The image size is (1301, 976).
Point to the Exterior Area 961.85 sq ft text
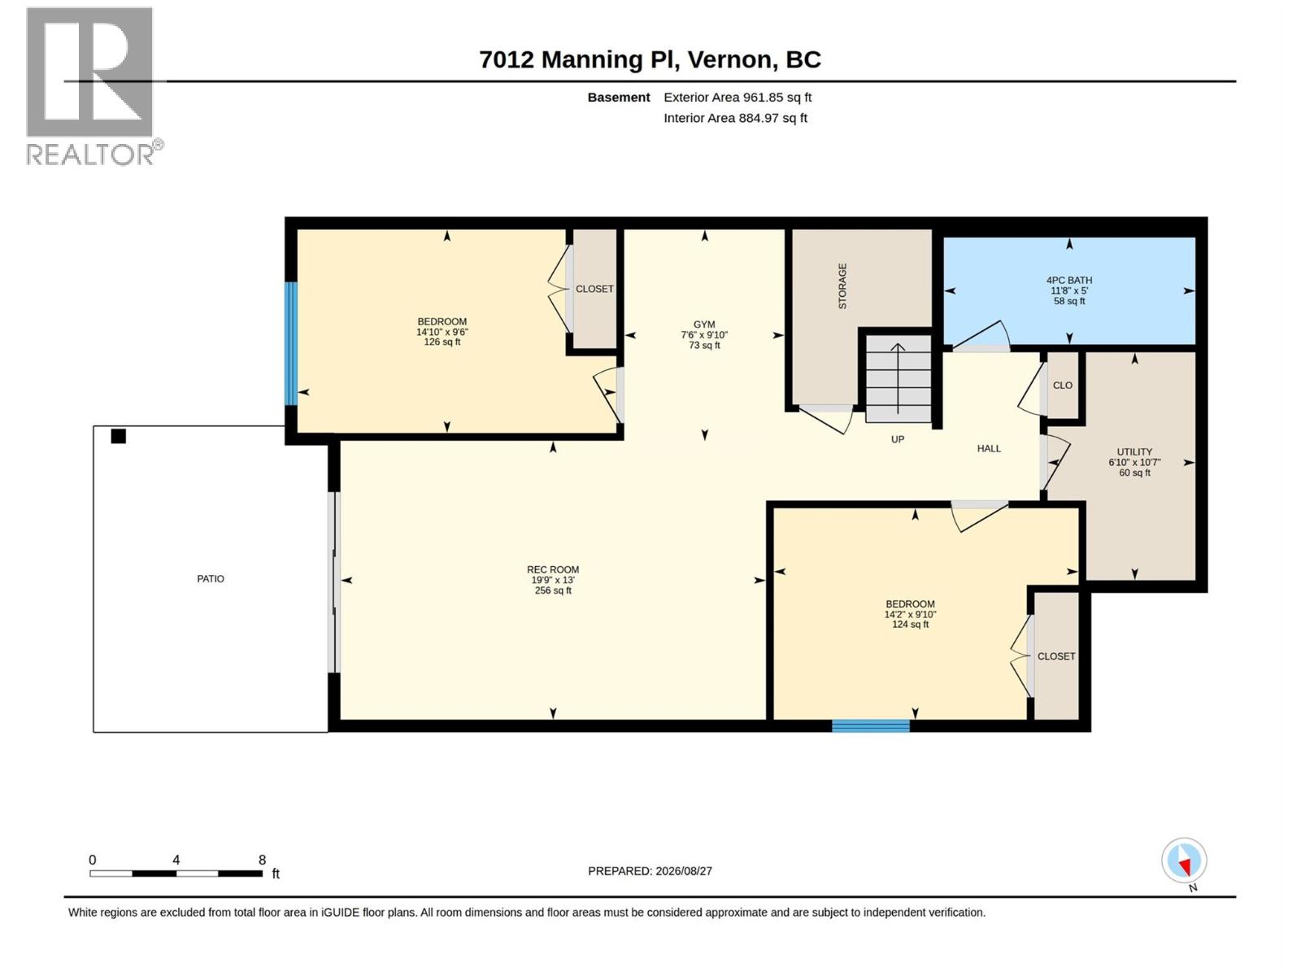738,97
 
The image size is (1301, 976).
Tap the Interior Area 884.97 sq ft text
735,118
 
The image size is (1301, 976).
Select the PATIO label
211,579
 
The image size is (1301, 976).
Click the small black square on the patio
119,436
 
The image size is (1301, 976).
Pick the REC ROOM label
553,569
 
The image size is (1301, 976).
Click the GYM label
704,325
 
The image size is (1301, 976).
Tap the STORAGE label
842,286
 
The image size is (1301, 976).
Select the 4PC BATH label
1069,281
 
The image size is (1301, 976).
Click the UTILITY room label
1134,451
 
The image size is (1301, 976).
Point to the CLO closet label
1063,386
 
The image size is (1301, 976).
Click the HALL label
989,449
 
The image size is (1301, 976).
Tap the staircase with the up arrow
898,379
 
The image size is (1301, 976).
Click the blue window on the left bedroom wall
291,344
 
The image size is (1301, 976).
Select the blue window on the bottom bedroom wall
871,726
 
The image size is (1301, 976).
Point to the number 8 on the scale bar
262,860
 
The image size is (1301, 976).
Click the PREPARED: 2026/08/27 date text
650,871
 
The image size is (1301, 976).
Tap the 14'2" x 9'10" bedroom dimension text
911,615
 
